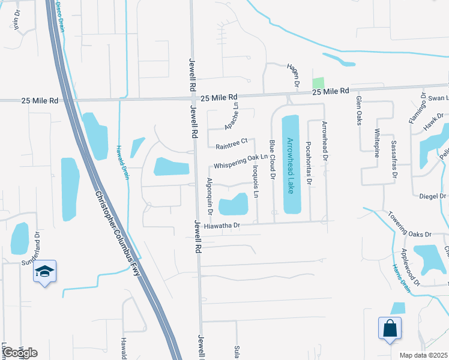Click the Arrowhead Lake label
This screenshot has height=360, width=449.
point(290,164)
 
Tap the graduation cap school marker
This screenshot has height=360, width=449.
point(44,272)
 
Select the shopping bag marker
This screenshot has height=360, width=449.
point(390,329)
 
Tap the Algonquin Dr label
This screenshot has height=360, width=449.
point(210,192)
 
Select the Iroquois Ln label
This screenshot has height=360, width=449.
point(255,186)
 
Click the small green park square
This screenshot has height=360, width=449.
point(318,83)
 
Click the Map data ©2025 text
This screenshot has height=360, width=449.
point(423,355)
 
